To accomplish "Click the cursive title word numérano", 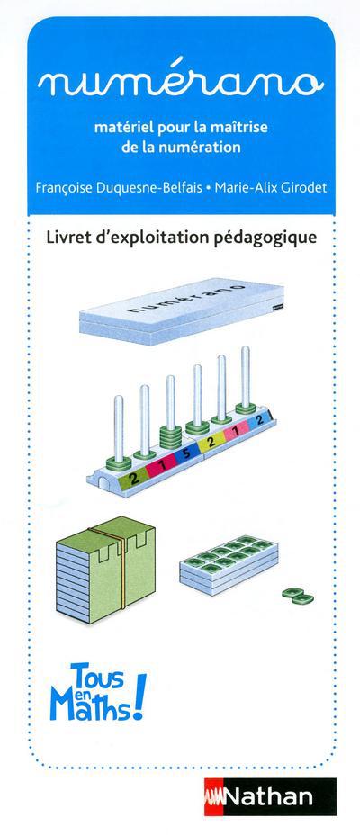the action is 181,83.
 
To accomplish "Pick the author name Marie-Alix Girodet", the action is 268,188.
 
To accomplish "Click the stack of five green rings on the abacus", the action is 170,438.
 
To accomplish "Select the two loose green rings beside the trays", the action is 298,596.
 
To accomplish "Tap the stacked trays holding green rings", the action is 229,563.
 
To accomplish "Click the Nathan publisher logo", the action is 271,796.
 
